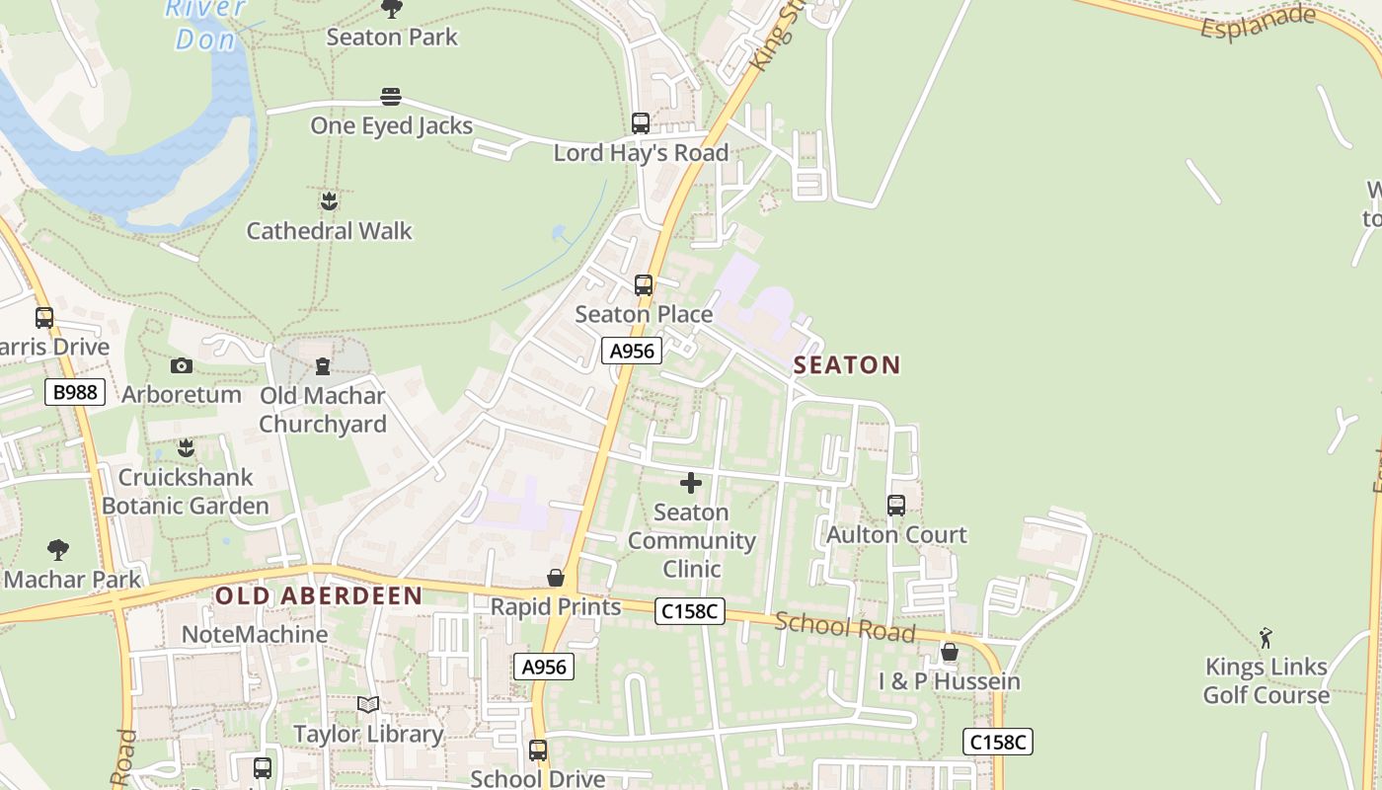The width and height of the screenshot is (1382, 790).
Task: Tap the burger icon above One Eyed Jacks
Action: [391, 97]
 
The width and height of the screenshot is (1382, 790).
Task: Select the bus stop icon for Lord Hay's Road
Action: [641, 123]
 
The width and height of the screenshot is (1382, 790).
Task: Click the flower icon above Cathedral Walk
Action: [329, 201]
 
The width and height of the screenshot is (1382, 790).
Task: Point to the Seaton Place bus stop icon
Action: [644, 285]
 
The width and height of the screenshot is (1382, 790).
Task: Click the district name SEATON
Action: [847, 365]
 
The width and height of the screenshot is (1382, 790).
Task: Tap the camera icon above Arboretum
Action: [182, 366]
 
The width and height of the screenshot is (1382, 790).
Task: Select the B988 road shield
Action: [75, 393]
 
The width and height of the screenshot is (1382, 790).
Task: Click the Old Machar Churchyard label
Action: [323, 410]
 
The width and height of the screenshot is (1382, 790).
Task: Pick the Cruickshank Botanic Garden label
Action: [185, 492]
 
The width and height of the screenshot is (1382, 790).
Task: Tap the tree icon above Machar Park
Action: [58, 550]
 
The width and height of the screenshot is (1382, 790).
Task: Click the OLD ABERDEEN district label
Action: [319, 595]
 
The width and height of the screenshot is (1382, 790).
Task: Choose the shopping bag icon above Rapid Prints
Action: [556, 578]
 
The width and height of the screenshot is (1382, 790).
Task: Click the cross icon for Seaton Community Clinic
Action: [691, 483]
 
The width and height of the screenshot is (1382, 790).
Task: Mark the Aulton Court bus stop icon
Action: [896, 506]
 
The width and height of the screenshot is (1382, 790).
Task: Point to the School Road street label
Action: [845, 626]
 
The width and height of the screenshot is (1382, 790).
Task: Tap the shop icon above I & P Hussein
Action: [950, 653]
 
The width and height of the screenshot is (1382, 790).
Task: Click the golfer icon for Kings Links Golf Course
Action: [1266, 638]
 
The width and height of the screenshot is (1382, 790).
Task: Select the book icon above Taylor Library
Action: [368, 705]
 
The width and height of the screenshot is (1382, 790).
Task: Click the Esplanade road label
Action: [1258, 22]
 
